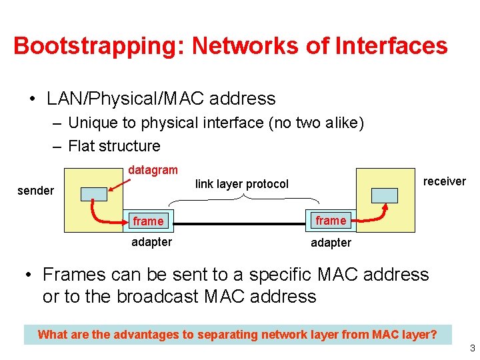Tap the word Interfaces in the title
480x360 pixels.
[x=392, y=46]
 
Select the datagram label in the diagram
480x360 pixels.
[x=153, y=171]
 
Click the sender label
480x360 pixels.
[x=35, y=191]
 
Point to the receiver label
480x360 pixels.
[x=444, y=181]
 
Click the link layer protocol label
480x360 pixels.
[x=242, y=184]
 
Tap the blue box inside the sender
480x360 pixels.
[x=93, y=194]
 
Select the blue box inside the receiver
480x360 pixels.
[x=385, y=195]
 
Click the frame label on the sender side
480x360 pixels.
[x=148, y=221]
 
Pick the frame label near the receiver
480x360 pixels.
[x=331, y=221]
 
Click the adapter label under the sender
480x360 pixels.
[x=151, y=242]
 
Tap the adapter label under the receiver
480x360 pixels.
[x=331, y=243]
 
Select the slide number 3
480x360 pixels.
[x=471, y=348]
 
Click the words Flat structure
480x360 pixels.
[x=114, y=146]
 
